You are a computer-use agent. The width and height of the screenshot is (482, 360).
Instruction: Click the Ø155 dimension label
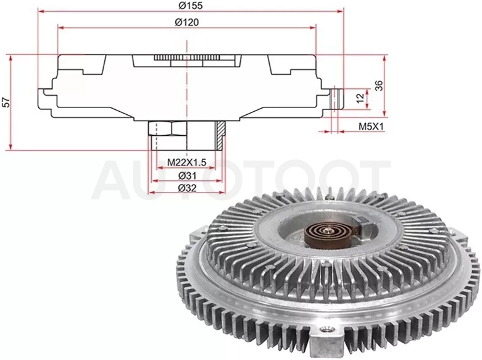coord(190,6)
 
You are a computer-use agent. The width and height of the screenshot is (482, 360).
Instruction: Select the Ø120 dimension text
coord(186,22)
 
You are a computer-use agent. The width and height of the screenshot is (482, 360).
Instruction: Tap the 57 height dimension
coord(6,103)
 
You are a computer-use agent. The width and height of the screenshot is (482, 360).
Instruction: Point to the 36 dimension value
coord(380,85)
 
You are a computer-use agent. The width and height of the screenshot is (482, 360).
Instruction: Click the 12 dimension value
coord(360,97)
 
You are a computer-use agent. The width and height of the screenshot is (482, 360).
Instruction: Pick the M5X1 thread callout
coord(372,126)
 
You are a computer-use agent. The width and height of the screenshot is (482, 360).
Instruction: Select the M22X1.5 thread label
coord(186,162)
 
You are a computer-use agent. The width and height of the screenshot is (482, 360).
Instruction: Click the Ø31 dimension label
coord(187,176)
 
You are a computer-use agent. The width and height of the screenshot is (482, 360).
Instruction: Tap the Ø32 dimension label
coord(187,188)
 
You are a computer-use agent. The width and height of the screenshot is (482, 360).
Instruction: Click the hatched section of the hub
coord(220,135)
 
